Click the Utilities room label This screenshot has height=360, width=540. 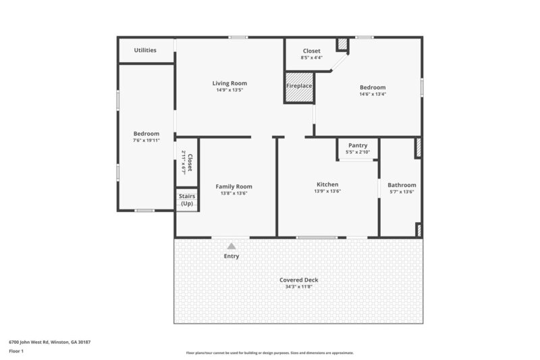point(145,50)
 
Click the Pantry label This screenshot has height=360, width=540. point(357,145)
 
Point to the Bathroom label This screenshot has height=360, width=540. point(402,185)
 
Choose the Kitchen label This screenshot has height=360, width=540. point(327,184)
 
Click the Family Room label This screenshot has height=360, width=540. point(234,186)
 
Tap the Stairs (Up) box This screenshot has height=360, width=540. point(187,199)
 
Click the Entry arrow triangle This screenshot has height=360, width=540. point(232,247)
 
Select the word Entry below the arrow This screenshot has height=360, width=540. point(232,256)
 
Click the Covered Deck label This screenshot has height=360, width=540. point(298,280)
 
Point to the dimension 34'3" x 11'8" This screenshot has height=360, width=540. point(298,286)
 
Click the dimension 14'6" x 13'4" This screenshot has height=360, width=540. point(372,95)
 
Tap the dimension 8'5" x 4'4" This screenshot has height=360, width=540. point(311,57)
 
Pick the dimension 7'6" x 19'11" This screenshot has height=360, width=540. point(146,140)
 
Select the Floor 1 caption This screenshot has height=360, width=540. point(16,351)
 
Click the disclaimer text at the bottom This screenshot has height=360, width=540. point(269,353)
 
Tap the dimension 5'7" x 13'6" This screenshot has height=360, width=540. point(402,192)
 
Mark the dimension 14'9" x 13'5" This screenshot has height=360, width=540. point(230,90)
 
